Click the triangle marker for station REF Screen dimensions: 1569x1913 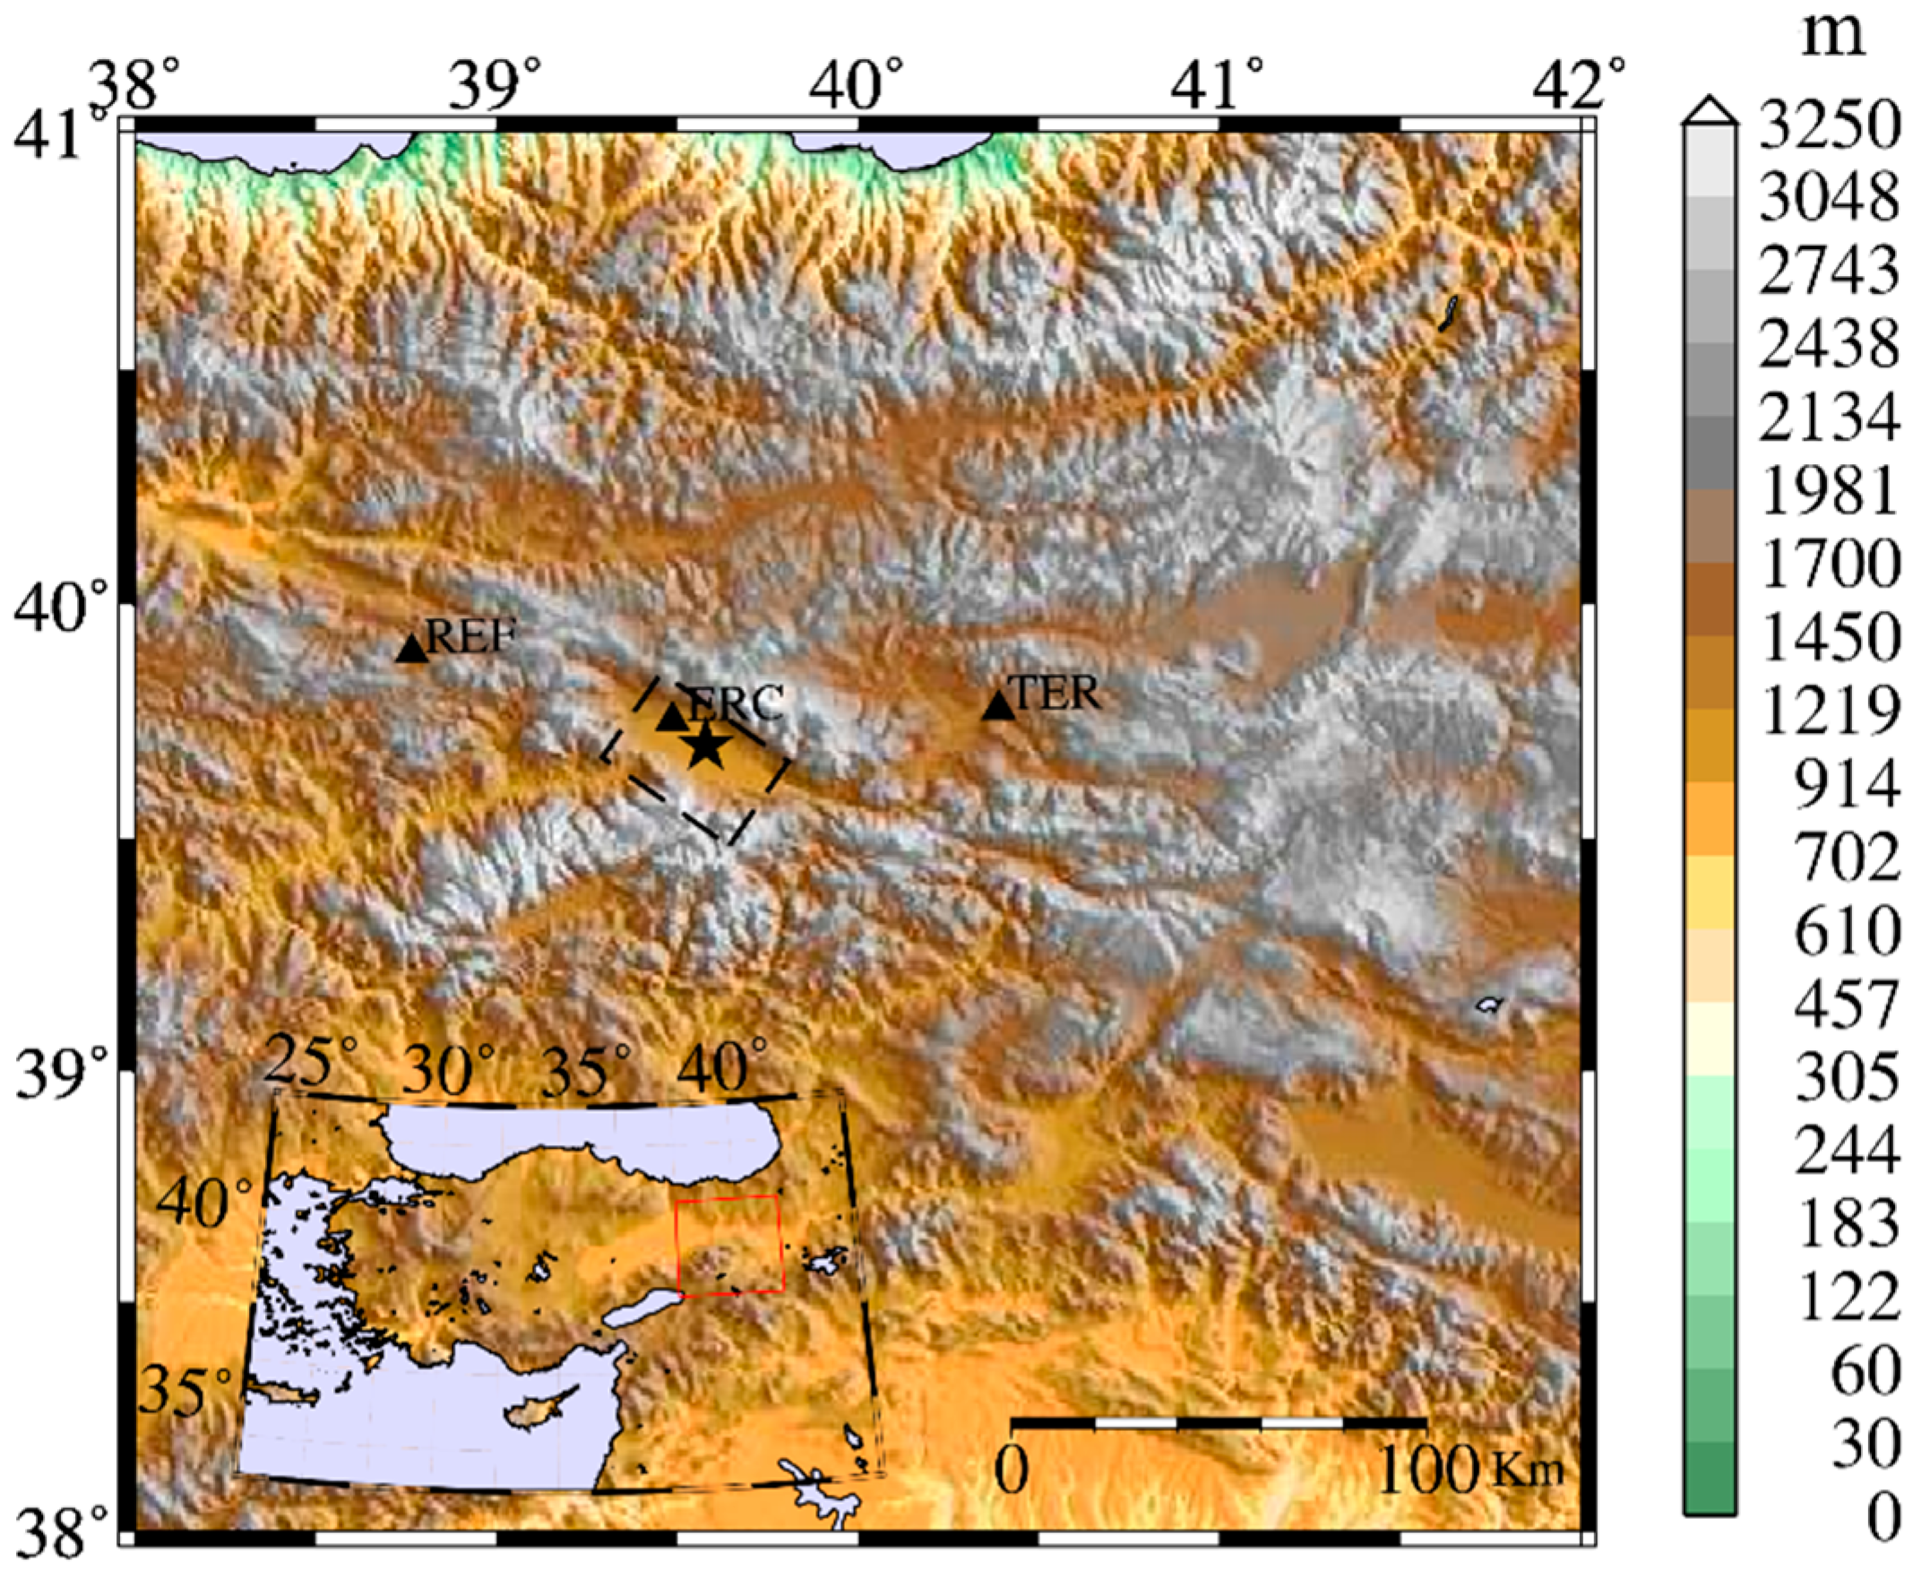click(x=411, y=649)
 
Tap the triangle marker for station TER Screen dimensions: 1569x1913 click(x=998, y=706)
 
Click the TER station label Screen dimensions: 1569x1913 click(x=1056, y=694)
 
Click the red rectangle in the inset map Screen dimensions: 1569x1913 click(x=729, y=1245)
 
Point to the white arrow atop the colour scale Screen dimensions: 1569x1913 click(x=1709, y=110)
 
